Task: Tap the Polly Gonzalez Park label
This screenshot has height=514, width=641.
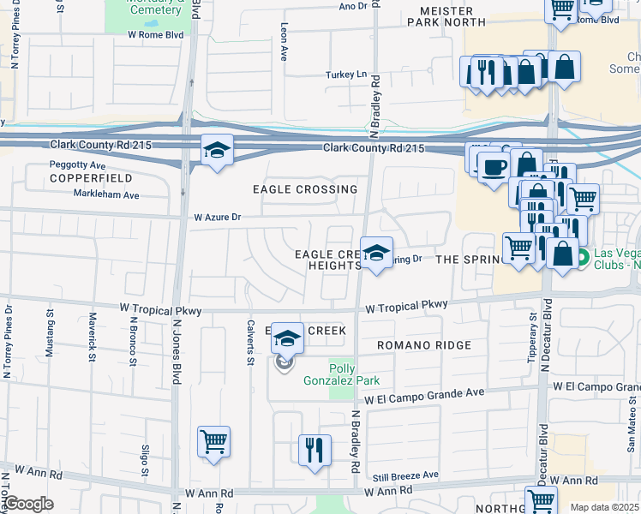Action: [x=342, y=374]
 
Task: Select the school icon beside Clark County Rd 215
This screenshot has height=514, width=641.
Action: [x=218, y=151]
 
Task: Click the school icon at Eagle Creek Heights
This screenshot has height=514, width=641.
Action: [x=375, y=253]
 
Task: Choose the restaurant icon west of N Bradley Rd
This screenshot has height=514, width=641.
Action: [x=315, y=449]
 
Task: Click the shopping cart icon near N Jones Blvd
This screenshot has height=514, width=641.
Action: [x=213, y=442]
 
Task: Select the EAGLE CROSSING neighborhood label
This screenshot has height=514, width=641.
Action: [x=305, y=189]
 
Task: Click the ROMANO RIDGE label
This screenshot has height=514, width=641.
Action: [x=424, y=345]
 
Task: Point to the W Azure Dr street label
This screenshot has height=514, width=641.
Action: [x=220, y=218]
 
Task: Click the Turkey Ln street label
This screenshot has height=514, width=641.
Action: [x=345, y=75]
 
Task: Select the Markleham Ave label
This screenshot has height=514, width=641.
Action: [x=106, y=195]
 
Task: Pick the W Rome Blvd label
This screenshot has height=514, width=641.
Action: [x=155, y=35]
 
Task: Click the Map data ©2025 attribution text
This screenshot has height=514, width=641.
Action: [x=604, y=507]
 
